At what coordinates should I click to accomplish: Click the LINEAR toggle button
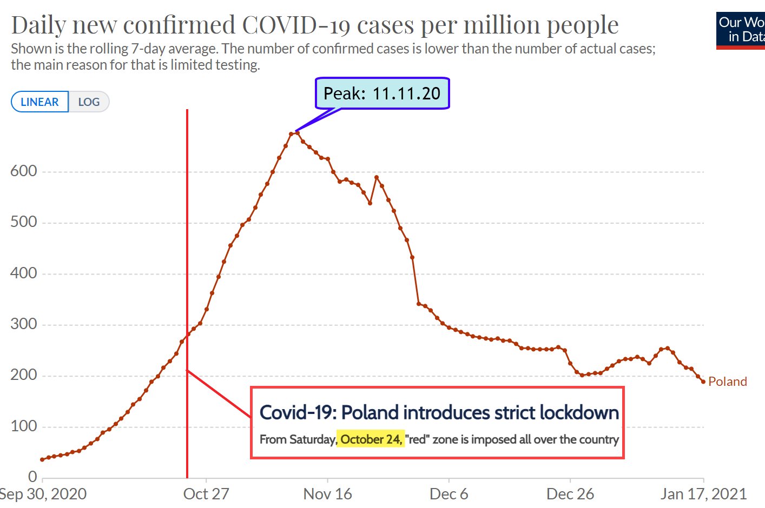tap(39, 102)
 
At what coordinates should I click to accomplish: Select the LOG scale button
tap(89, 102)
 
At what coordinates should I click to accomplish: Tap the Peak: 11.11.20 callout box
tap(382, 93)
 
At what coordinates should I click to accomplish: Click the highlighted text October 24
tap(371, 439)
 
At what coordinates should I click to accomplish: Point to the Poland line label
tap(727, 382)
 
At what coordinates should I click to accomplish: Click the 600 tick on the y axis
tap(24, 171)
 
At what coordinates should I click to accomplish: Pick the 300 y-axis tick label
tap(24, 324)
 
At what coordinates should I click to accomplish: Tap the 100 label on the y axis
tap(24, 426)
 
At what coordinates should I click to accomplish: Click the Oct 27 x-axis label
tap(206, 494)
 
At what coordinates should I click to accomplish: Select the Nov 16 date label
tap(327, 494)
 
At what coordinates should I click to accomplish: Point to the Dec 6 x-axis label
tap(449, 494)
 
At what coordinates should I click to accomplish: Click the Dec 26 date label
tap(570, 494)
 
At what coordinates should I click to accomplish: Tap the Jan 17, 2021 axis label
tap(703, 494)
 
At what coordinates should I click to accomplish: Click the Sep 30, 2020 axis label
tap(43, 494)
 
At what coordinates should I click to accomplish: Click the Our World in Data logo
tap(741, 30)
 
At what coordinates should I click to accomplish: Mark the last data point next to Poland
tap(703, 382)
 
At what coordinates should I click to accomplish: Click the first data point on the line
tap(42, 459)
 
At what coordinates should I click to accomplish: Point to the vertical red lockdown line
tap(187, 243)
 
